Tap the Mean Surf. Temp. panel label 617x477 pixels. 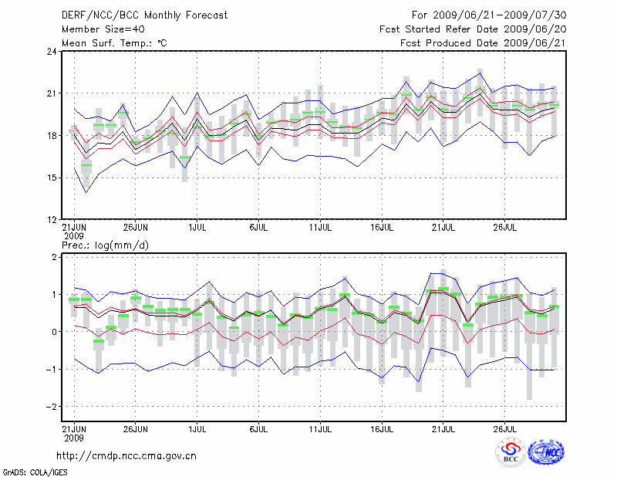pyautogui.click(x=114, y=43)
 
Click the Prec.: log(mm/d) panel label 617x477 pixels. pyautogui.click(x=105, y=245)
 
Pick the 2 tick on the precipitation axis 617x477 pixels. pyautogui.click(x=55, y=257)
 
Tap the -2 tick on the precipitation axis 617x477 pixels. pyautogui.click(x=52, y=406)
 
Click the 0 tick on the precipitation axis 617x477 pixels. pyautogui.click(x=55, y=332)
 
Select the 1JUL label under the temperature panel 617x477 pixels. pyautogui.click(x=197, y=227)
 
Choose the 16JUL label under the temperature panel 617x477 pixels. pyautogui.click(x=383, y=227)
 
